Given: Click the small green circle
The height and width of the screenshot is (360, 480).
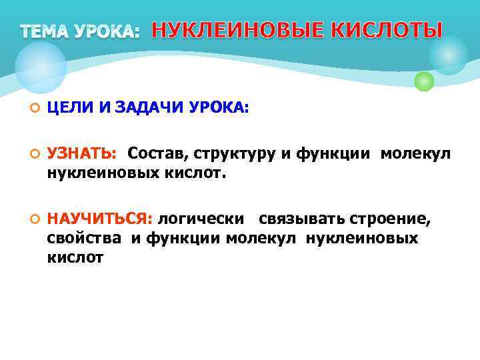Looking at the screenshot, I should [x=424, y=81].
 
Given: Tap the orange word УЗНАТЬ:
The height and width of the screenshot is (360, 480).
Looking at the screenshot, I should [x=82, y=155].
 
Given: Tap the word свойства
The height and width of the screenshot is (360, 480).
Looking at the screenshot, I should [x=84, y=238].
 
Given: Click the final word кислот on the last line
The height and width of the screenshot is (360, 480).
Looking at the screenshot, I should [x=75, y=257].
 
